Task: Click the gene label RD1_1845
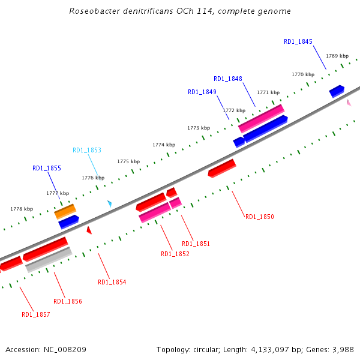point(298,41)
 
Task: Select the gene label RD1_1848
point(228,79)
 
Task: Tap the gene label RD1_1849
point(202,92)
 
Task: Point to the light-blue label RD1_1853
point(87,150)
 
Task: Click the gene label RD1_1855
point(47,169)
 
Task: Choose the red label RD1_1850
point(260,217)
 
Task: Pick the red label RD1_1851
point(196,244)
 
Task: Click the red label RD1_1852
point(175,254)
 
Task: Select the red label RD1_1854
point(112,282)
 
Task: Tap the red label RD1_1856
point(68,301)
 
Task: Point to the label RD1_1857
point(36,314)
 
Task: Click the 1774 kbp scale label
point(164,145)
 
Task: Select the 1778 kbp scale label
point(22,209)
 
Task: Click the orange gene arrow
point(65,211)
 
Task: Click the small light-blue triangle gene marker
point(109,203)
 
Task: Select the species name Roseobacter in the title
point(94,11)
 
